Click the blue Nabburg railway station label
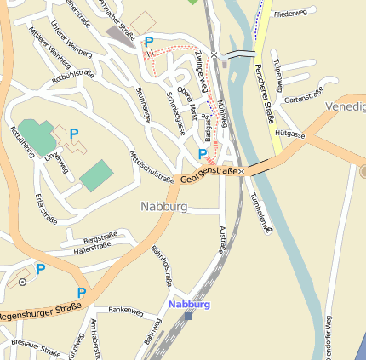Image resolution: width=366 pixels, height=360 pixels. (x=189, y=304)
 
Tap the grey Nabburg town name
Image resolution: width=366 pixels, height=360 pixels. (x=164, y=207)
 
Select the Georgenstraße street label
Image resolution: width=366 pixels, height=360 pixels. (x=209, y=175)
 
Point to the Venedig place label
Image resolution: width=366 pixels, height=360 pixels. (x=345, y=106)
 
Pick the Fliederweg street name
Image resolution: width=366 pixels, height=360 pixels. (x=290, y=14)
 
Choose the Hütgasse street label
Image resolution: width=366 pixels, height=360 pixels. (x=290, y=134)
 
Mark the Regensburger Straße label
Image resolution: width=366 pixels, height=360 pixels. (x=38, y=312)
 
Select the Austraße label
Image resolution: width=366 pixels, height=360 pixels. (x=223, y=243)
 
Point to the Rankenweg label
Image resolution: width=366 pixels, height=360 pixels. (x=125, y=311)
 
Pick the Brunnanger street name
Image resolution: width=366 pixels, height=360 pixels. (x=143, y=105)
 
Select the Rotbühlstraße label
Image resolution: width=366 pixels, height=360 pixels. (x=73, y=76)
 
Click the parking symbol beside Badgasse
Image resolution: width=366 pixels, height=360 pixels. (x=203, y=154)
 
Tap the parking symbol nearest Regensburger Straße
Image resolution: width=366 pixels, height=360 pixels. (x=81, y=293)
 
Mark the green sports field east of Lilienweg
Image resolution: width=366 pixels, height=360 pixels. (x=96, y=175)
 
